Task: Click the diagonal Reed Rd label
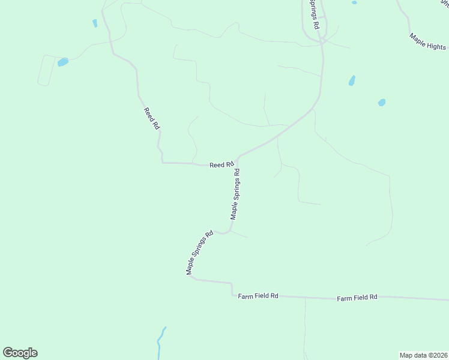point(152,119)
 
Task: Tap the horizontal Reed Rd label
point(221,165)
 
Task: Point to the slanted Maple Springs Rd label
point(200,253)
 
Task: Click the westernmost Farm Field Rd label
point(258,296)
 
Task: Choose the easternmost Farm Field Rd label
point(357,297)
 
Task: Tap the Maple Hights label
point(427,41)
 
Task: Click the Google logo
point(20,353)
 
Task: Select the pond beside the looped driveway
point(62,62)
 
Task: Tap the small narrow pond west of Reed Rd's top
point(95,23)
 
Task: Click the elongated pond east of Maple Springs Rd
point(352,80)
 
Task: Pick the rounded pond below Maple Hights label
point(381,103)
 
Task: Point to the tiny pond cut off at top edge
point(354,2)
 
